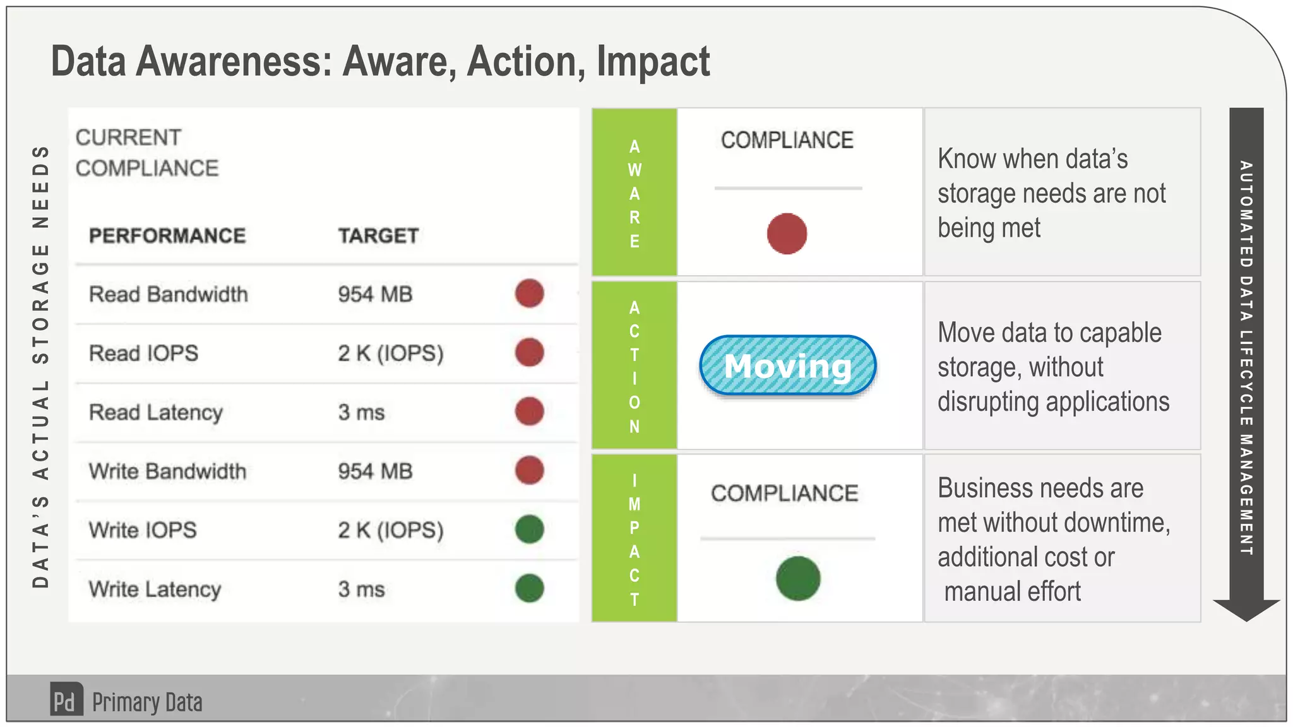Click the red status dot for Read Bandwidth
click(x=529, y=293)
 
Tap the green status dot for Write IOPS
click(x=529, y=529)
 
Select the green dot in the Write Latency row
click(x=529, y=588)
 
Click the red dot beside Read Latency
click(x=529, y=411)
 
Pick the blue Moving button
click(x=787, y=366)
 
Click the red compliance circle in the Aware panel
click(x=787, y=233)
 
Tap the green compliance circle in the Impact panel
click(x=798, y=578)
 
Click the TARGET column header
click(x=378, y=236)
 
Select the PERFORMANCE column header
click(x=167, y=236)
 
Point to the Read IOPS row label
click(x=143, y=353)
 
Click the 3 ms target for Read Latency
click(x=361, y=413)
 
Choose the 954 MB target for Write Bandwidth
click(x=375, y=471)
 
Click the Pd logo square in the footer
click(x=66, y=700)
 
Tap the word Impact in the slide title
click(x=653, y=62)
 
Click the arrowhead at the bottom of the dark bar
click(x=1246, y=609)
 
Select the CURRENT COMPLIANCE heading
click(x=146, y=153)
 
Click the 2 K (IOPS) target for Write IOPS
click(x=391, y=530)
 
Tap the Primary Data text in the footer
click(x=147, y=702)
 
